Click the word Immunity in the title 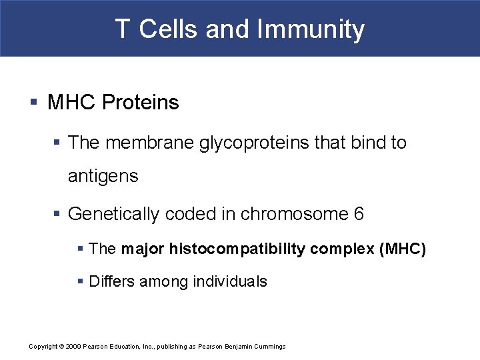[x=311, y=29]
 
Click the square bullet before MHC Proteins [x=34, y=103]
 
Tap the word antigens [x=103, y=177]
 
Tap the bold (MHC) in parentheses [x=401, y=249]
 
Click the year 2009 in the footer [x=73, y=347]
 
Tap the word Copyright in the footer [x=43, y=347]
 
